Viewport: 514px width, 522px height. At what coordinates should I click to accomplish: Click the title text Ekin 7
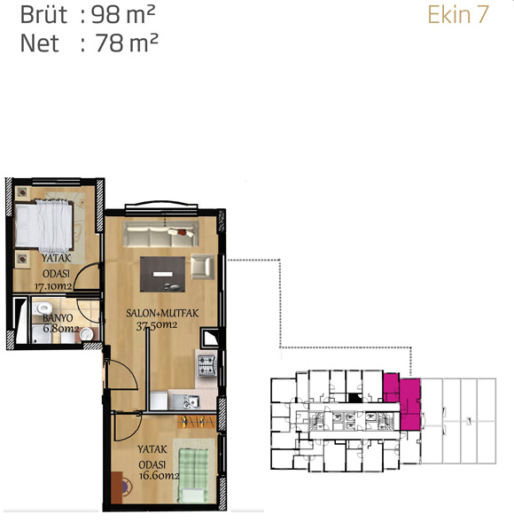pos(458,15)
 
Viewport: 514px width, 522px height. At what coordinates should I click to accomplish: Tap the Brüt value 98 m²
pos(123,15)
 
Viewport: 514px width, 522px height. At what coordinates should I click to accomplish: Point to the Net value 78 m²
pos(127,43)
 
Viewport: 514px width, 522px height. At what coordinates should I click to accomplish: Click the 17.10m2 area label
pos(53,286)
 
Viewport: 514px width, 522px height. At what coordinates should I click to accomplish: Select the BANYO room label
pos(58,318)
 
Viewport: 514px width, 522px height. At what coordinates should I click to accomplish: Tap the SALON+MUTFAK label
pos(162,313)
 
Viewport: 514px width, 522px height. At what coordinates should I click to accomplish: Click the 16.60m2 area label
pos(160,475)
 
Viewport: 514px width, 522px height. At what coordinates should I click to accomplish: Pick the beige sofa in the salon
pos(161,234)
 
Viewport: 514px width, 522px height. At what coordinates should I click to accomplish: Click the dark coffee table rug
pos(162,275)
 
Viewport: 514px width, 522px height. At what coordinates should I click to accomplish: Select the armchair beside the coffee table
pos(202,266)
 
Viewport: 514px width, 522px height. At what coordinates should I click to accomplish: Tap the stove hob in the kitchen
pos(207,365)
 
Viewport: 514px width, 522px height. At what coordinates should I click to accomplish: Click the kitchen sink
pos(190,402)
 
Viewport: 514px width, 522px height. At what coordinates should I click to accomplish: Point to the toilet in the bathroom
pos(43,308)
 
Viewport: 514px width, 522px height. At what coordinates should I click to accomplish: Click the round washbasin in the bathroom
pos(86,334)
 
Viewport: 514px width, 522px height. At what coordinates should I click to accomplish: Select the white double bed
pos(43,226)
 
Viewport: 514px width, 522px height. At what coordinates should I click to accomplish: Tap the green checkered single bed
pos(193,475)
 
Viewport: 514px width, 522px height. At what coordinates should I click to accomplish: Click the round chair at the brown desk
pos(127,487)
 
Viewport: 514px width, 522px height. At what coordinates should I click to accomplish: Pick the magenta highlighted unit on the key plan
pos(402,401)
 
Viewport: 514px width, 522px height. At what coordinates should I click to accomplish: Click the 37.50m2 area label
pos(157,325)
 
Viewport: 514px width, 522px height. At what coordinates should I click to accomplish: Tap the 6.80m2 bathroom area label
pos(61,329)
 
